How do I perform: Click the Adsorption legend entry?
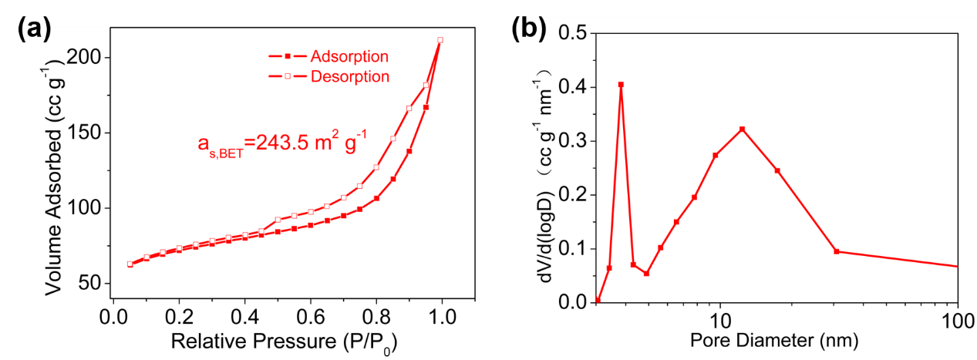[349, 56]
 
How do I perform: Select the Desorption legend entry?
[349, 76]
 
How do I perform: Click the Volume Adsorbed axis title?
[54, 170]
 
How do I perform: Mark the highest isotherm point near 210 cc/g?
[440, 40]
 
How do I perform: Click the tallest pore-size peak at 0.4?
[621, 85]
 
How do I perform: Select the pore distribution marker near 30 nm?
[837, 251]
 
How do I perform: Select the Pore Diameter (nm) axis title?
[773, 340]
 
